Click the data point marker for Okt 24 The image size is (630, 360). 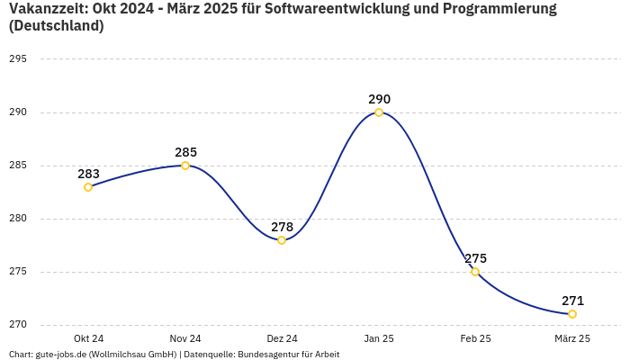pyautogui.click(x=88, y=187)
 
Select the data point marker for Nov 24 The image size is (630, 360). pyautogui.click(x=185, y=166)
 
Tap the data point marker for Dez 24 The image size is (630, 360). pyautogui.click(x=282, y=240)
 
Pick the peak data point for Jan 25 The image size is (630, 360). pyautogui.click(x=379, y=112)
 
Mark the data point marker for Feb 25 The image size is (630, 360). pyautogui.click(x=475, y=272)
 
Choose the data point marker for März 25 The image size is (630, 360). pyautogui.click(x=572, y=314)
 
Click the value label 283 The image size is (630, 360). pyautogui.click(x=88, y=174)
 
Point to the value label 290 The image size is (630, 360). pyautogui.click(x=379, y=99)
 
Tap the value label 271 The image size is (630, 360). pyautogui.click(x=572, y=301)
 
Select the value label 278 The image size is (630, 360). pyautogui.click(x=282, y=227)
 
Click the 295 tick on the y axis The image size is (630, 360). pyautogui.click(x=18, y=59)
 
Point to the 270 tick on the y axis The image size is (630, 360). pyautogui.click(x=18, y=325)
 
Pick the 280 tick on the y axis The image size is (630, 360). pyautogui.click(x=18, y=219)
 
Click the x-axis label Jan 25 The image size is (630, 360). pyautogui.click(x=379, y=338)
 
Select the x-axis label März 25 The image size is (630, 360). pyautogui.click(x=572, y=338)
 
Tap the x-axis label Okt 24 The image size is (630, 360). pyautogui.click(x=88, y=338)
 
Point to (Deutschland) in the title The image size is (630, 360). pyautogui.click(x=56, y=26)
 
